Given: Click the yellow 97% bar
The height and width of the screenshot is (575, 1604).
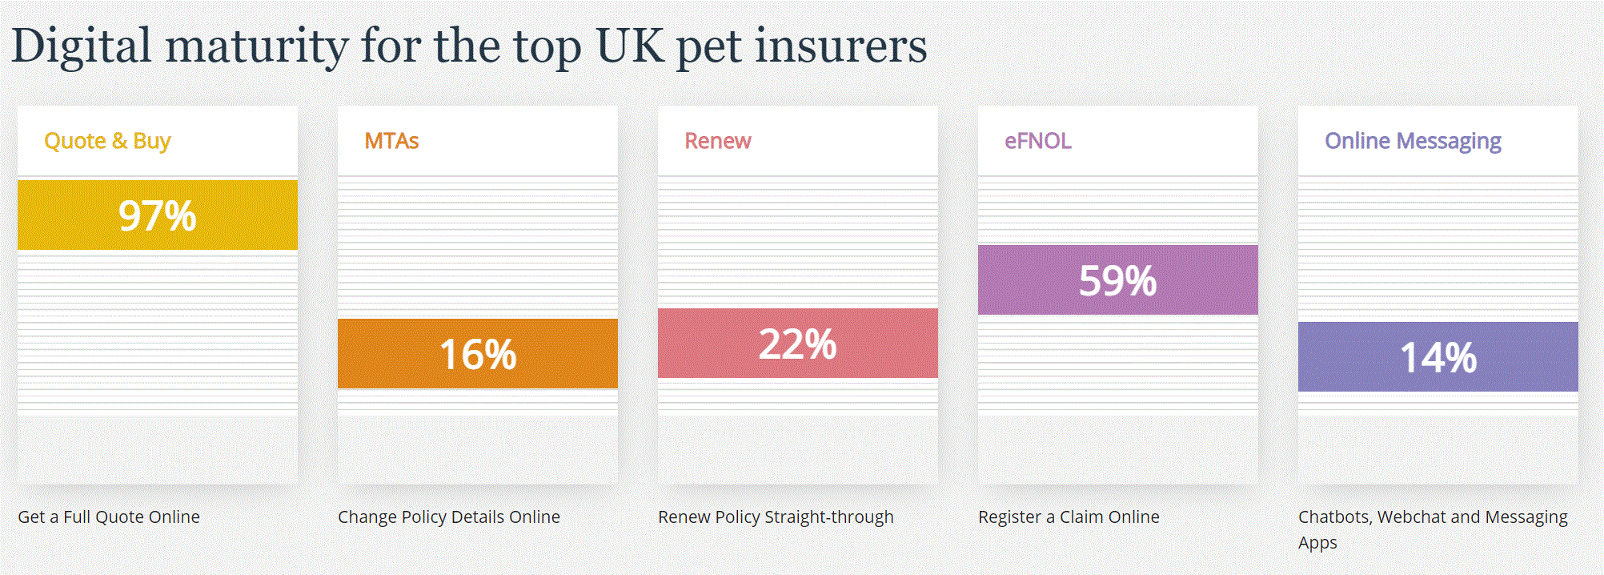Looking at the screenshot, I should coord(157,215).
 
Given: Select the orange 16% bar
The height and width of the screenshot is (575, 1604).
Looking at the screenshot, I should coord(477,354).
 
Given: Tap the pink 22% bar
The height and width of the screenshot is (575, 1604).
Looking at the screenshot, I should coord(797,344).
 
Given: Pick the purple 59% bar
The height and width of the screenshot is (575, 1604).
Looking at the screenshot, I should coord(1117,280).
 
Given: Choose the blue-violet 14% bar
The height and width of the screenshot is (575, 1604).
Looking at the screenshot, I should coord(1438,357).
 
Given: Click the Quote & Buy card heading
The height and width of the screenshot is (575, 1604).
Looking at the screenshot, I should coord(107,141).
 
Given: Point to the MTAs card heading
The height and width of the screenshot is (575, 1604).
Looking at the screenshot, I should coord(391,141).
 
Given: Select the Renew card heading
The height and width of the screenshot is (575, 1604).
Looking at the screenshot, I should coord(717,141).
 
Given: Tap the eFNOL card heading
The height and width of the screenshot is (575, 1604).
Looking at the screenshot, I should coord(1037,141).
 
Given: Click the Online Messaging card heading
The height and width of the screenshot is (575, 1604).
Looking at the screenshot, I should coord(1413,141).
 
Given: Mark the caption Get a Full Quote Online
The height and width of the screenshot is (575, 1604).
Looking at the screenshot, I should coord(109,517).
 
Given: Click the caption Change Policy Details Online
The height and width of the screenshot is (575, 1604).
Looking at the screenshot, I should coord(448,517).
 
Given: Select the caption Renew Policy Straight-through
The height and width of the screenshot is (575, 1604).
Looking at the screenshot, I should coord(775,517).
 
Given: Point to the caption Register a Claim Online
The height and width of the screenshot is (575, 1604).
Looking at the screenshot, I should coord(1068,517).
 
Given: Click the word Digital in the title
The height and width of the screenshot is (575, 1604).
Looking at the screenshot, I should coord(81,46).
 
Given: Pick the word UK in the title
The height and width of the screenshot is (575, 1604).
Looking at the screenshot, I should coord(630,46).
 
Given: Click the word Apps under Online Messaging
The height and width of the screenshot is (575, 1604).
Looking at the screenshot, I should coord(1317,543).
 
